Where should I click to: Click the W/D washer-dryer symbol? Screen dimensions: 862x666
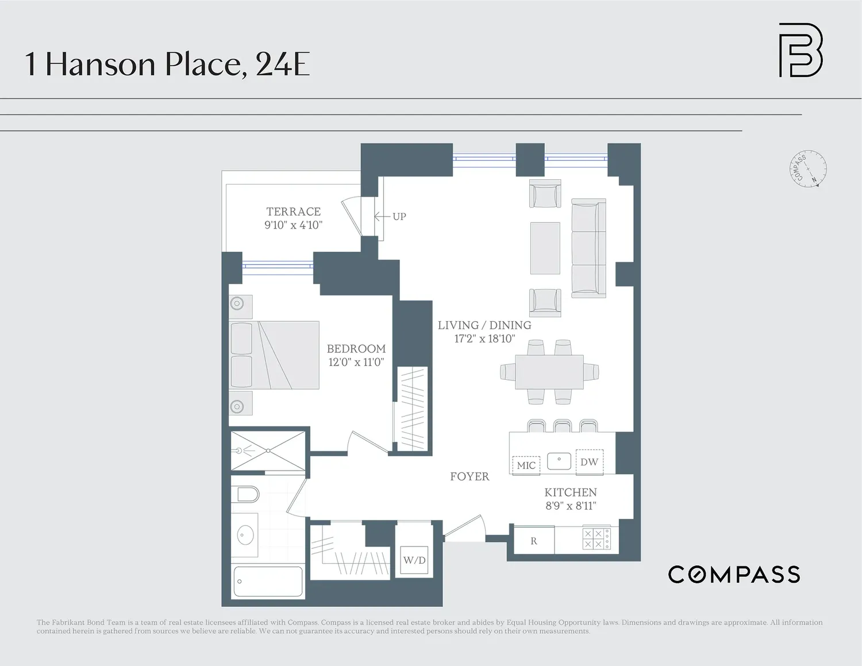414,560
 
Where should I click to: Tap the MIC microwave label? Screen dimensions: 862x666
526,465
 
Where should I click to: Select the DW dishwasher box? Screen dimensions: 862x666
590,462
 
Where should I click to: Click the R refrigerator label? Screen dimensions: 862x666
534,541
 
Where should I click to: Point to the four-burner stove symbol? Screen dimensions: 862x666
597,538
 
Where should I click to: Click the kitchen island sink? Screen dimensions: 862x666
559,461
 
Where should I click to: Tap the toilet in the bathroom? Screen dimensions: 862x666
248,494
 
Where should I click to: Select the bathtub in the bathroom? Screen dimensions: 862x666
268,582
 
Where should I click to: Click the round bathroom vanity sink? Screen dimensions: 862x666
245,536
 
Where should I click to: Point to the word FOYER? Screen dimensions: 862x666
470,476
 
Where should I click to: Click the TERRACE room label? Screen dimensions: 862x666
294,211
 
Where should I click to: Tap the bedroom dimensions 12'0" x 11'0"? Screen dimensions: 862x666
356,362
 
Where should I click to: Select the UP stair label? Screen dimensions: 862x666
399,217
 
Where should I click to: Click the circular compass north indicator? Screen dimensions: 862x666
808,168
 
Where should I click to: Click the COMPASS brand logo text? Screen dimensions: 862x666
734,575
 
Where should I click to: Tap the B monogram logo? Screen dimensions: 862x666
801,50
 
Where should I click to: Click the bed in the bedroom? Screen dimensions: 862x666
274,355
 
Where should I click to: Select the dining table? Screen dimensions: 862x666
549,372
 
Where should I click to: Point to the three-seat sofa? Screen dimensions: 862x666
588,248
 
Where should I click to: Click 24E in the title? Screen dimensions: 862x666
282,64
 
